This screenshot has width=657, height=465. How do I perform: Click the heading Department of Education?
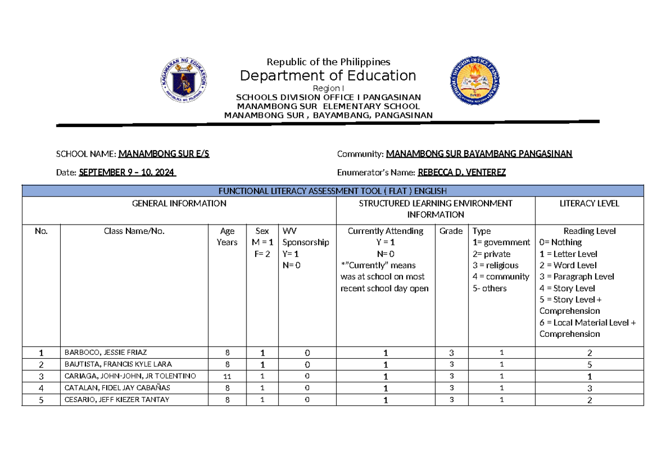point(328,75)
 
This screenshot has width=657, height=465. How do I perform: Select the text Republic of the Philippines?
point(328,61)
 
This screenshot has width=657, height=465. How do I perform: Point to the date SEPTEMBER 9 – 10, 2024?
point(127,173)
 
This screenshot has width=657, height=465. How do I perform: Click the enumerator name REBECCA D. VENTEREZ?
point(462,173)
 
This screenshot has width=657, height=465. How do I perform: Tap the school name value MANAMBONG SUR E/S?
point(164,154)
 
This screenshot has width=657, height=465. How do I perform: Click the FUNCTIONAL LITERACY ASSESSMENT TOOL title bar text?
point(333,191)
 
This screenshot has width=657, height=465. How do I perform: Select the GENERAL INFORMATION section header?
point(179,203)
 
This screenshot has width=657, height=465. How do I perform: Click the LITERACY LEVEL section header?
point(589,203)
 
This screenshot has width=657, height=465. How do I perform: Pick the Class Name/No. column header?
point(134,231)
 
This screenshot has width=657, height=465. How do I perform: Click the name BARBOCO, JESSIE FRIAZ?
point(106,353)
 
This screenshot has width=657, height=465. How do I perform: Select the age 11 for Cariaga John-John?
point(227,376)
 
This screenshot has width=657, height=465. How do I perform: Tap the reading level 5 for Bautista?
point(590,365)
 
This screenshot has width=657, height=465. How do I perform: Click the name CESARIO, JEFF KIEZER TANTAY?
point(117,400)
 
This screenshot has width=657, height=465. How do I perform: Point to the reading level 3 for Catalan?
point(590,388)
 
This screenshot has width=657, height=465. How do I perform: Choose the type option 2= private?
point(491,254)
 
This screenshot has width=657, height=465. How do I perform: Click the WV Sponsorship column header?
point(306,237)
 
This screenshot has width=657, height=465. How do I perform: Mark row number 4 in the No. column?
point(41,388)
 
